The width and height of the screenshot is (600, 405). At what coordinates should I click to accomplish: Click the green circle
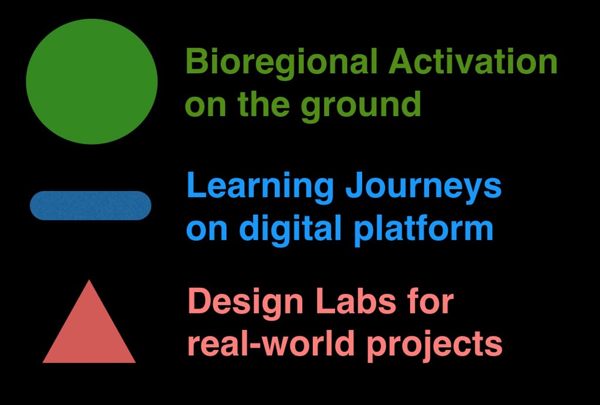[x=92, y=81]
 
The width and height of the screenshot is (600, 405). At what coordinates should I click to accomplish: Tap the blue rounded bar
[x=91, y=206]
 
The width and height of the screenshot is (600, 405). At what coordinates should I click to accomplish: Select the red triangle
[x=89, y=322]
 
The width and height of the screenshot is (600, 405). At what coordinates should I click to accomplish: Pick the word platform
[x=423, y=229]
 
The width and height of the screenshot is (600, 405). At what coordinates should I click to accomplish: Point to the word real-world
[x=271, y=343]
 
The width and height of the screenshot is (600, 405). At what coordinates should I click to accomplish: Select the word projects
[x=434, y=345]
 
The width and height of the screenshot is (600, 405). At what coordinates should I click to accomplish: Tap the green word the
[x=263, y=103]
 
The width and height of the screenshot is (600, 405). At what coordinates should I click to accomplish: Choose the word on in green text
[x=206, y=107]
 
